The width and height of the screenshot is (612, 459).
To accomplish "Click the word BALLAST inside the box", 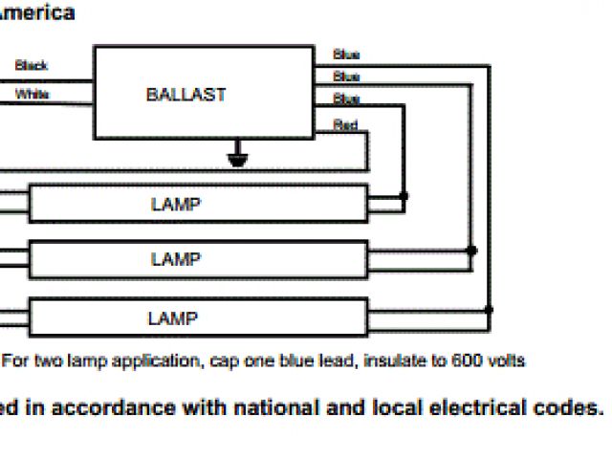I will [x=186, y=95].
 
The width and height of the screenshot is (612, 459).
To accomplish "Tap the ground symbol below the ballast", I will [x=237, y=157].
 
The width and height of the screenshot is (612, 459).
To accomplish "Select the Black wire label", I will [x=32, y=66].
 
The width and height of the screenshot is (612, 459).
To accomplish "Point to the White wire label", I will [x=32, y=95].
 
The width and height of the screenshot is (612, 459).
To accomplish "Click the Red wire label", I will [x=344, y=124].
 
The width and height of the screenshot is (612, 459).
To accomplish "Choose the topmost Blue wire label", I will [x=345, y=55].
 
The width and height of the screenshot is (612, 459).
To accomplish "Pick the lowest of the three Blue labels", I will [x=345, y=99].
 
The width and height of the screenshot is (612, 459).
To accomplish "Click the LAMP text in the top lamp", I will [x=176, y=204].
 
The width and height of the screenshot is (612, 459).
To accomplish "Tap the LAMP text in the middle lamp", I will [x=176, y=259].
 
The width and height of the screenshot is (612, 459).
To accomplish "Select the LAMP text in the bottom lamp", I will [x=173, y=317].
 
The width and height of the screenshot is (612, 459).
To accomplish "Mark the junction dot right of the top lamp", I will [x=404, y=195].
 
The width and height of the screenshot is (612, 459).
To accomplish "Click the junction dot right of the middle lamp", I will [x=471, y=251].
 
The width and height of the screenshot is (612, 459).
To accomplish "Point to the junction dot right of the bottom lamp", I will [x=489, y=310].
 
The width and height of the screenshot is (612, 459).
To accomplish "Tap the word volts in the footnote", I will [x=501, y=361].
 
